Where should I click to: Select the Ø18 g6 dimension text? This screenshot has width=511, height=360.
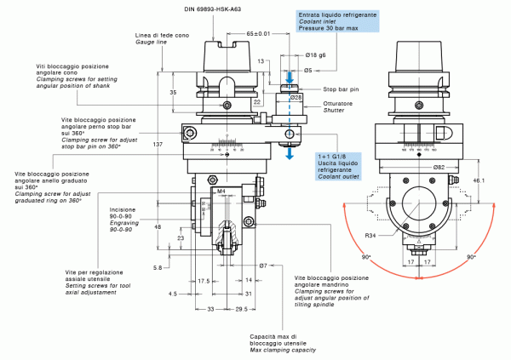(x=317, y=54)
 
